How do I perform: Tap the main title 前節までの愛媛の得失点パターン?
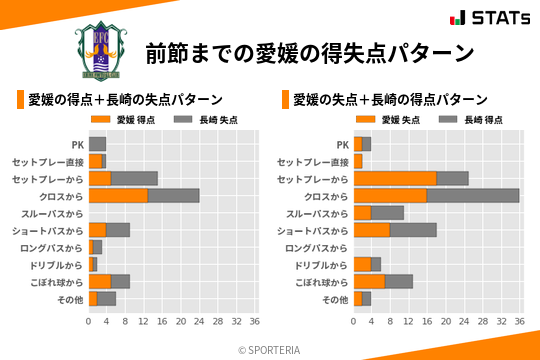coord(308,51)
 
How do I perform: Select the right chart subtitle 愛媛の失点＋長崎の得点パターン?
coord(390,99)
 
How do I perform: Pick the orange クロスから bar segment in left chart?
coord(118,195)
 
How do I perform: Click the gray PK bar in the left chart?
coord(97,144)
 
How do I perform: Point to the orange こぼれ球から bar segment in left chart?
coord(100,281)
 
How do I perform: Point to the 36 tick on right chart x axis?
coord(519,322)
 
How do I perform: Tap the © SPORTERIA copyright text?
coord(270,349)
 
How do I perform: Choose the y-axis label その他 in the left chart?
coord(69,299)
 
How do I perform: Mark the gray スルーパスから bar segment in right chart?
coord(388,212)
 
